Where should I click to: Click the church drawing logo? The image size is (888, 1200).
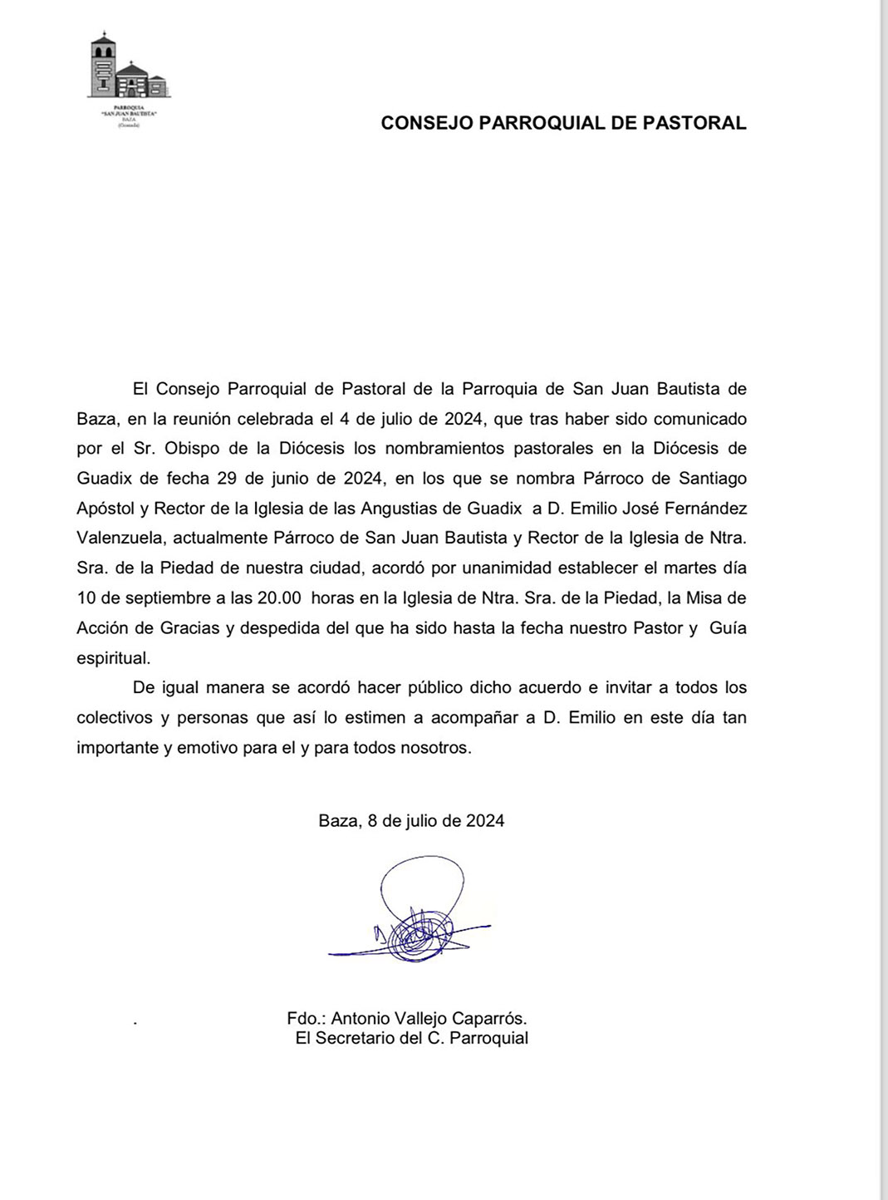(x=128, y=70)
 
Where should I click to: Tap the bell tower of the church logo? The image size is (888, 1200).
(x=102, y=62)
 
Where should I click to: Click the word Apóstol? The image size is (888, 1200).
(x=105, y=509)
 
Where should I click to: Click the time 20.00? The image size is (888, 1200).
(x=279, y=598)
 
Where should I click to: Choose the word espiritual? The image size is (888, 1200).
(x=114, y=658)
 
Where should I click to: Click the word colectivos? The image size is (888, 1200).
(x=115, y=718)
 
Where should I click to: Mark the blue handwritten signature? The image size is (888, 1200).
(x=415, y=914)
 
